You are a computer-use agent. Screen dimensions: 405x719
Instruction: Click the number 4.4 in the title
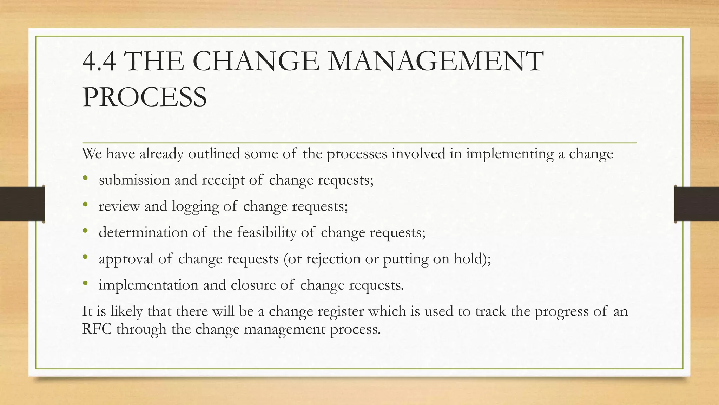[99, 62]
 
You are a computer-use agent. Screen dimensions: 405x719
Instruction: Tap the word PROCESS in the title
[144, 97]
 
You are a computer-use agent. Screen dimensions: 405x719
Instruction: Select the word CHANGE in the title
[256, 62]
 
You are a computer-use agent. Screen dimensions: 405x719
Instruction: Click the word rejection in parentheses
[333, 259]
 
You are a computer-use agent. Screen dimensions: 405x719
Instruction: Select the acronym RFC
[97, 329]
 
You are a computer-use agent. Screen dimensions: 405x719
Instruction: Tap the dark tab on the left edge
[22, 204]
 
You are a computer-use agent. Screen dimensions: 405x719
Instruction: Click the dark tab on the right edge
[697, 204]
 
